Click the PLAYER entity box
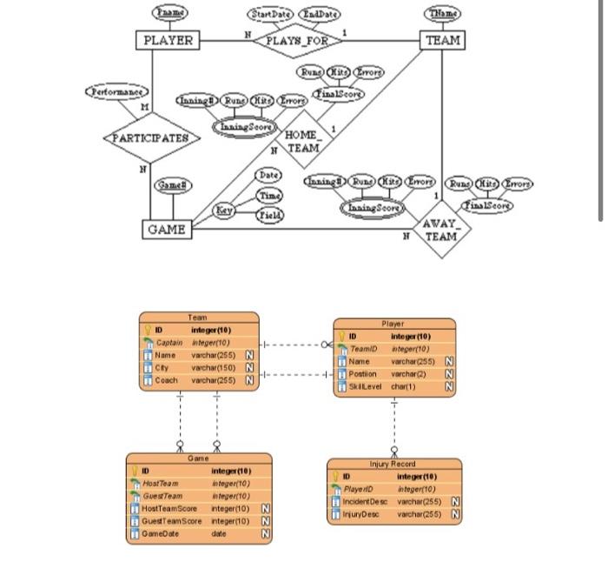[x=168, y=40]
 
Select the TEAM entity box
[x=442, y=40]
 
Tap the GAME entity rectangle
[x=166, y=229]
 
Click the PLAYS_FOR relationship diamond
[x=297, y=40]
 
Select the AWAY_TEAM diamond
[x=441, y=231]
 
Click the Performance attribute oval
[x=117, y=90]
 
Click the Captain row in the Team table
[x=200, y=343]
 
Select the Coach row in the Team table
[x=200, y=380]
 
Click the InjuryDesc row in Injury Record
[x=395, y=514]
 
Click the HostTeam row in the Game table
[x=200, y=484]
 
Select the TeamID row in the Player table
[x=395, y=348]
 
